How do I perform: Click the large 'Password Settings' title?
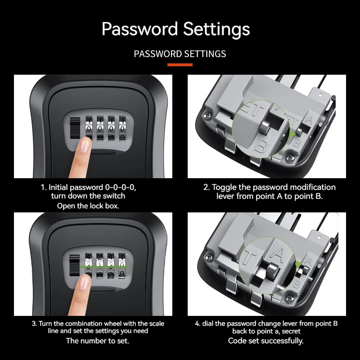coord(175,29)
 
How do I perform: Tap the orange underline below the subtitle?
coord(180,65)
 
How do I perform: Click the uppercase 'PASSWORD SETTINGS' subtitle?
coord(180,54)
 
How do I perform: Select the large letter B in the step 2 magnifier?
coord(260,145)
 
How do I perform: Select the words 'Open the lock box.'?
coord(88,206)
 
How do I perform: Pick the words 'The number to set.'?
coord(97,341)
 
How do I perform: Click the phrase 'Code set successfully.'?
coord(265,341)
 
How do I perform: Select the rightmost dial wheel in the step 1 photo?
coord(121,129)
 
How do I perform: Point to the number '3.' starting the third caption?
coord(34,324)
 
